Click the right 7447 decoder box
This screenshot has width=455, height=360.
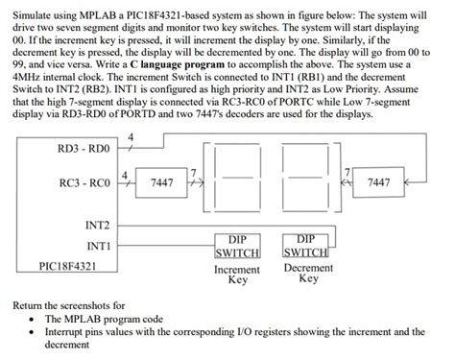(405, 182)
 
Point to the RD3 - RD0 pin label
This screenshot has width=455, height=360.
(84, 149)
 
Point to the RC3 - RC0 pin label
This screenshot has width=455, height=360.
(84, 182)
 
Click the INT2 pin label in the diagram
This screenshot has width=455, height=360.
(97, 225)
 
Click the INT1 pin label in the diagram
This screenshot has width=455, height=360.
(97, 246)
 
